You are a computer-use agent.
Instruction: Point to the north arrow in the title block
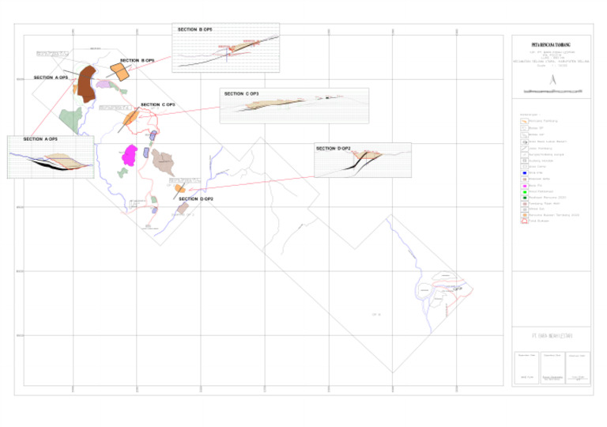(x=553, y=79)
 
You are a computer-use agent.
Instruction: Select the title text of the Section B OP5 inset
(x=194, y=29)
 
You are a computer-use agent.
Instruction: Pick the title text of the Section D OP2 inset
(x=333, y=148)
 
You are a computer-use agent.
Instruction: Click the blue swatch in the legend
(x=523, y=173)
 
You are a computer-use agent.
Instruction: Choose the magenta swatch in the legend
(x=523, y=185)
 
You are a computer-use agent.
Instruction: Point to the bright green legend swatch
(x=523, y=191)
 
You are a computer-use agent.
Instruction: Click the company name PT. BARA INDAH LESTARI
(x=552, y=337)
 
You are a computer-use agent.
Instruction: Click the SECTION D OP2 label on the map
(x=196, y=199)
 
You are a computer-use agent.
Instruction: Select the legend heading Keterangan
(x=528, y=114)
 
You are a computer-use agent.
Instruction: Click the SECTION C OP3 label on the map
(x=157, y=104)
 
